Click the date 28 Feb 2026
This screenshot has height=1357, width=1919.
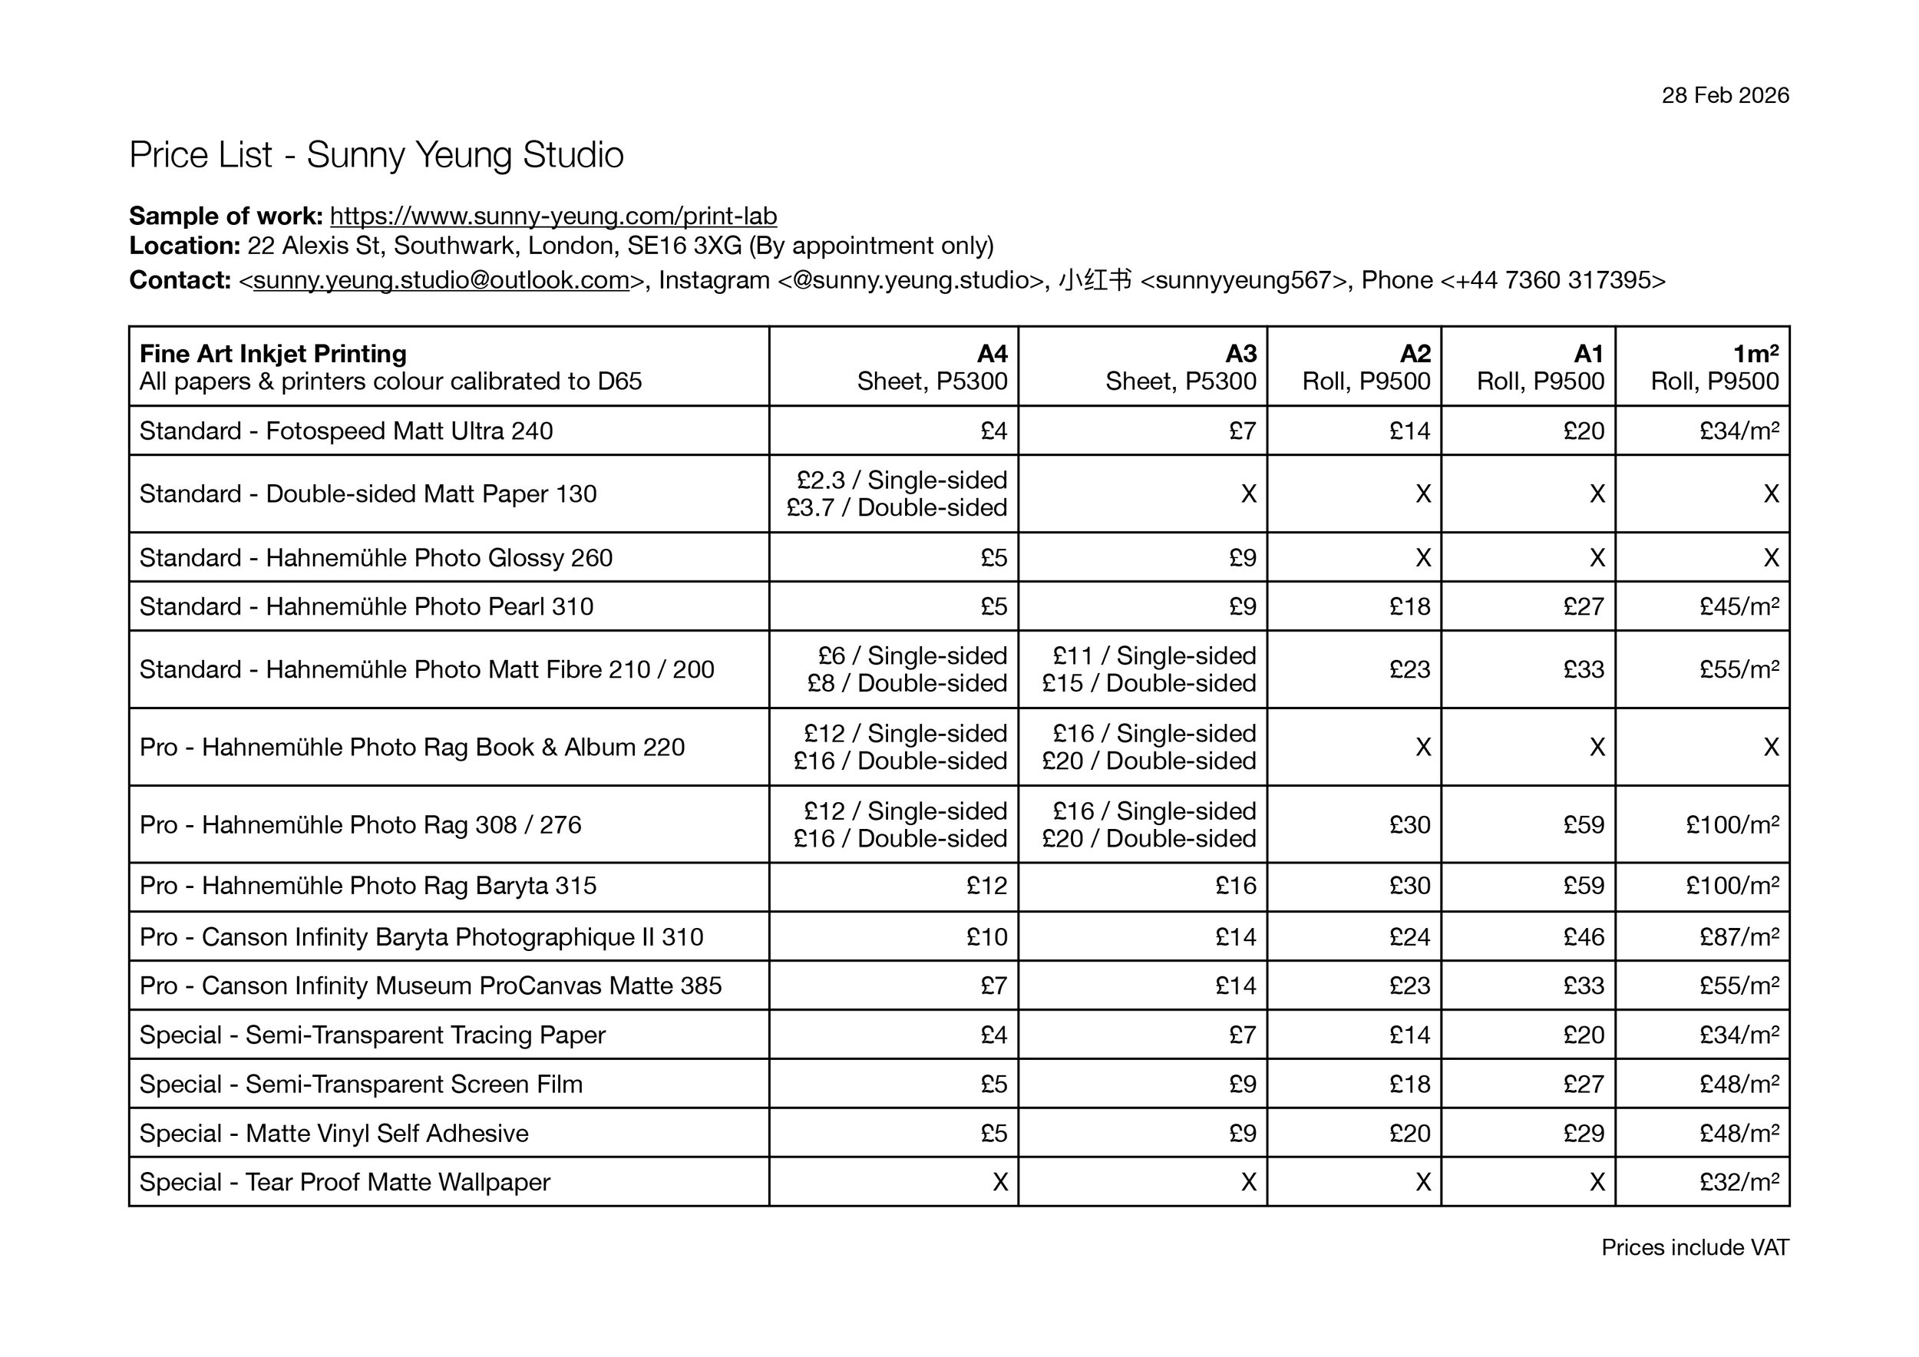1724,95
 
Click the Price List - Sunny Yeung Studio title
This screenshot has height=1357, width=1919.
376,155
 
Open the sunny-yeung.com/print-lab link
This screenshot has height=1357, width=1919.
553,216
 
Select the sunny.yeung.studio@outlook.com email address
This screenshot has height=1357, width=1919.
441,280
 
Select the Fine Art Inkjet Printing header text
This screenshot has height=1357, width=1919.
272,354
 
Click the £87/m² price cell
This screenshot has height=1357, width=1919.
1739,936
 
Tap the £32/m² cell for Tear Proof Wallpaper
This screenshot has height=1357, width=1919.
1739,1182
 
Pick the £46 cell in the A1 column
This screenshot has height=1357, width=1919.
1583,936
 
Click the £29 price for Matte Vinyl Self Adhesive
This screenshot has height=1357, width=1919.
1583,1133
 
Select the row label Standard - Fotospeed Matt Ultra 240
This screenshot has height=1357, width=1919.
346,431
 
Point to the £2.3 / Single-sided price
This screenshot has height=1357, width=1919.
901,480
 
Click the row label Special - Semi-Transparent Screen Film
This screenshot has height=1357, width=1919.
360,1085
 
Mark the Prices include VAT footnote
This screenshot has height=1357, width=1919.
1694,1247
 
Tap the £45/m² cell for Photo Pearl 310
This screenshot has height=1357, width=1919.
1739,606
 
